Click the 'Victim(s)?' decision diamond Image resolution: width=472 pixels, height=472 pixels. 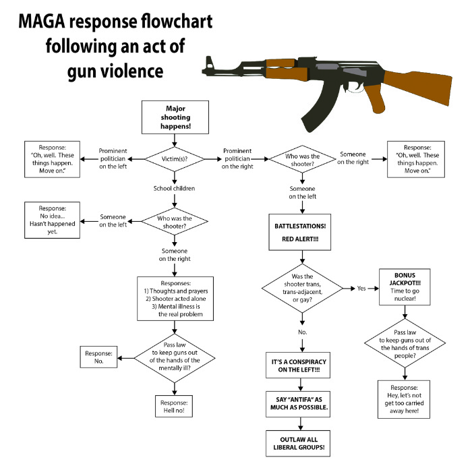point(175,159)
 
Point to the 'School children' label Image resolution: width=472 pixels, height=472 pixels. point(174,188)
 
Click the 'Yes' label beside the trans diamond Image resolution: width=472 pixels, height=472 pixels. point(362,288)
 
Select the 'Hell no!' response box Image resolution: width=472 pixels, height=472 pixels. point(175,406)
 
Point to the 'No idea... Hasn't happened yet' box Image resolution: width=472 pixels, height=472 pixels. point(53,220)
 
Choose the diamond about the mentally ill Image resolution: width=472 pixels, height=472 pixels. point(175,354)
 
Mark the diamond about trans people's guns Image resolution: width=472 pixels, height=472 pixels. point(405,344)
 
